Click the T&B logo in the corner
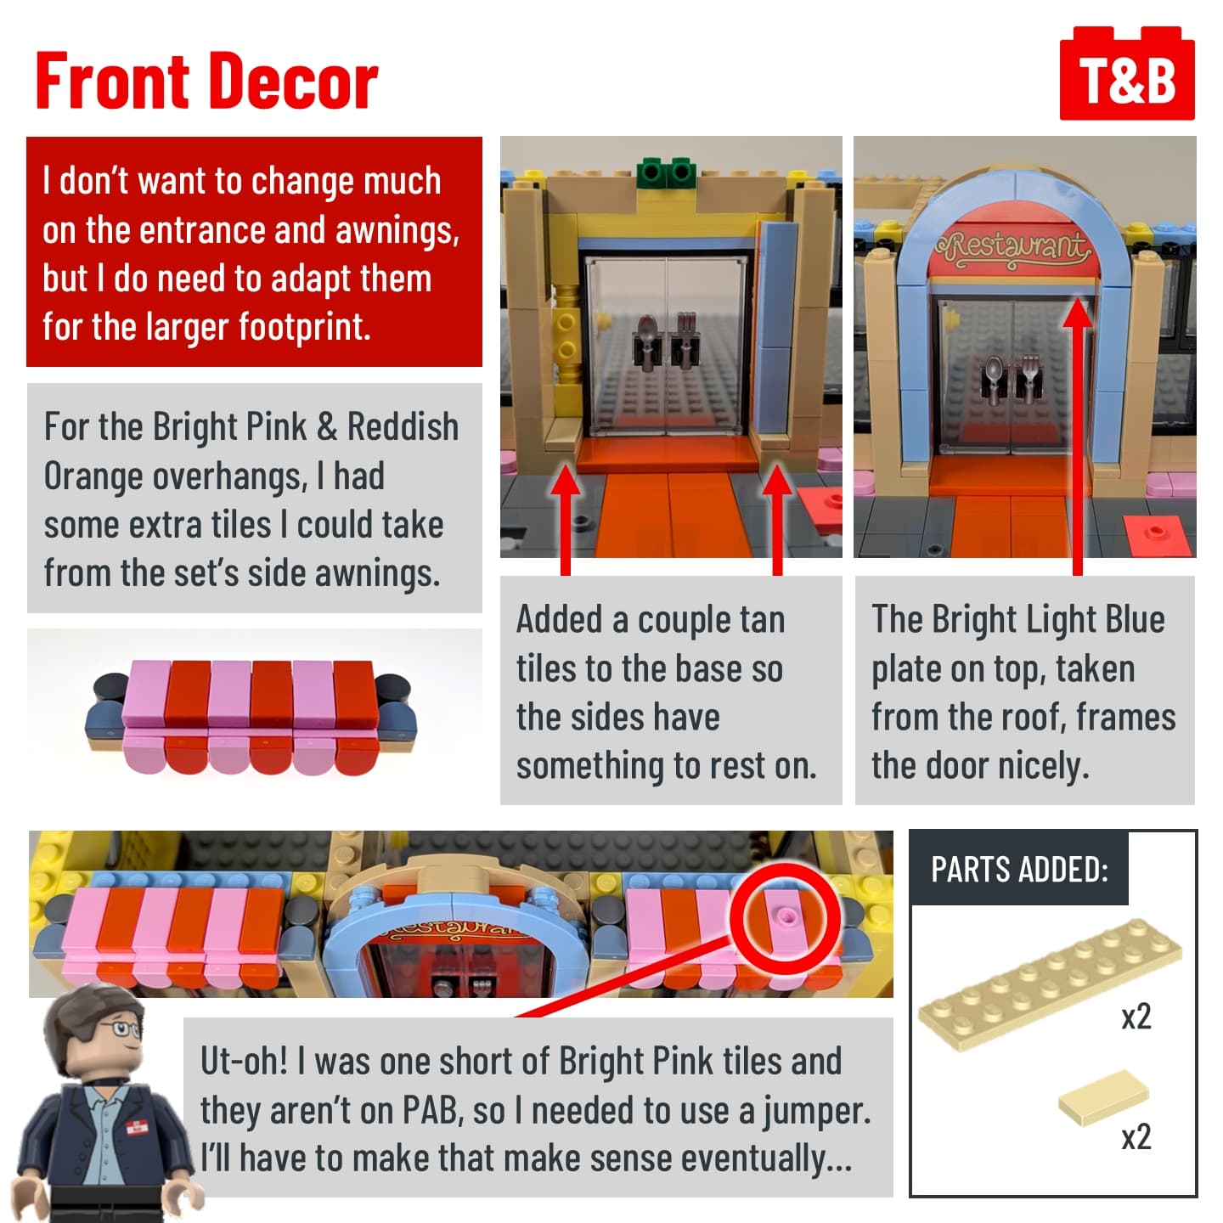coord(1126,73)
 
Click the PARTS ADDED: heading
coord(1019,869)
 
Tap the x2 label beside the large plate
coord(1136,1017)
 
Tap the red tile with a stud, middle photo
coord(821,506)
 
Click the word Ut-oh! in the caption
coord(244,1061)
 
